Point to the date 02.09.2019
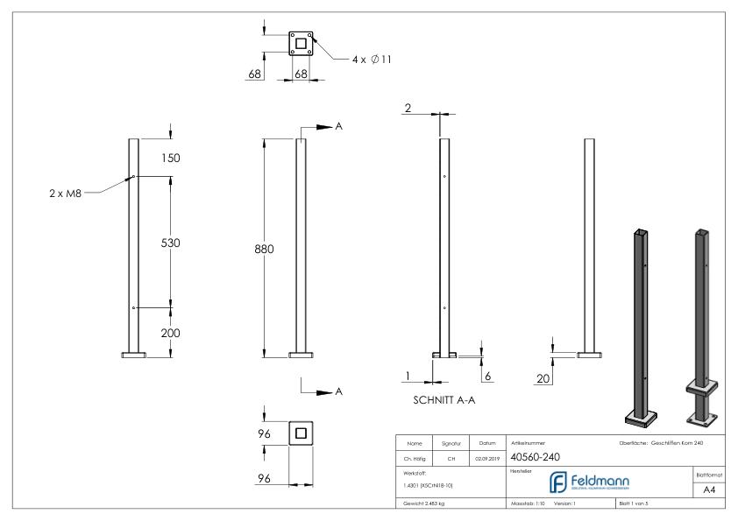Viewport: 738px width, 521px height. (486, 457)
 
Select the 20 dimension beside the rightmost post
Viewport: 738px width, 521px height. (543, 377)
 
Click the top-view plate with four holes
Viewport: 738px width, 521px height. (301, 42)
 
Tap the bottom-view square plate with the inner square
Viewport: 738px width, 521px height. (301, 433)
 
